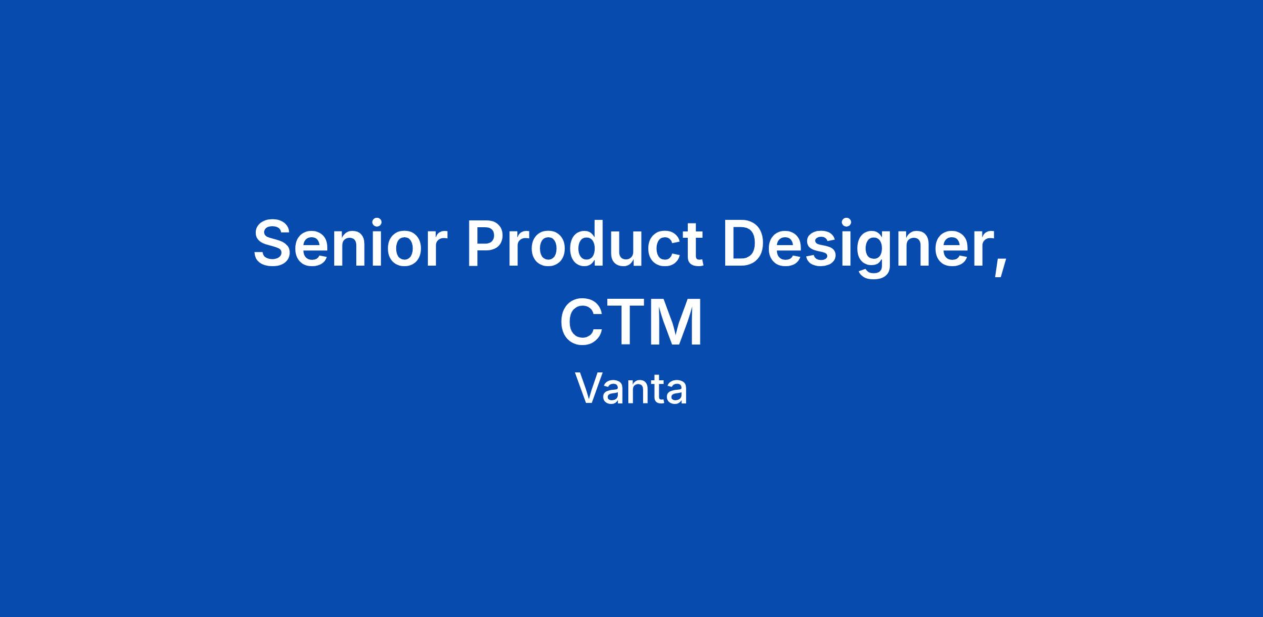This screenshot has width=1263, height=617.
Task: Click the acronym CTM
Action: (631, 322)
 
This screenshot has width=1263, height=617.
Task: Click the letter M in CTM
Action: (677, 322)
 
